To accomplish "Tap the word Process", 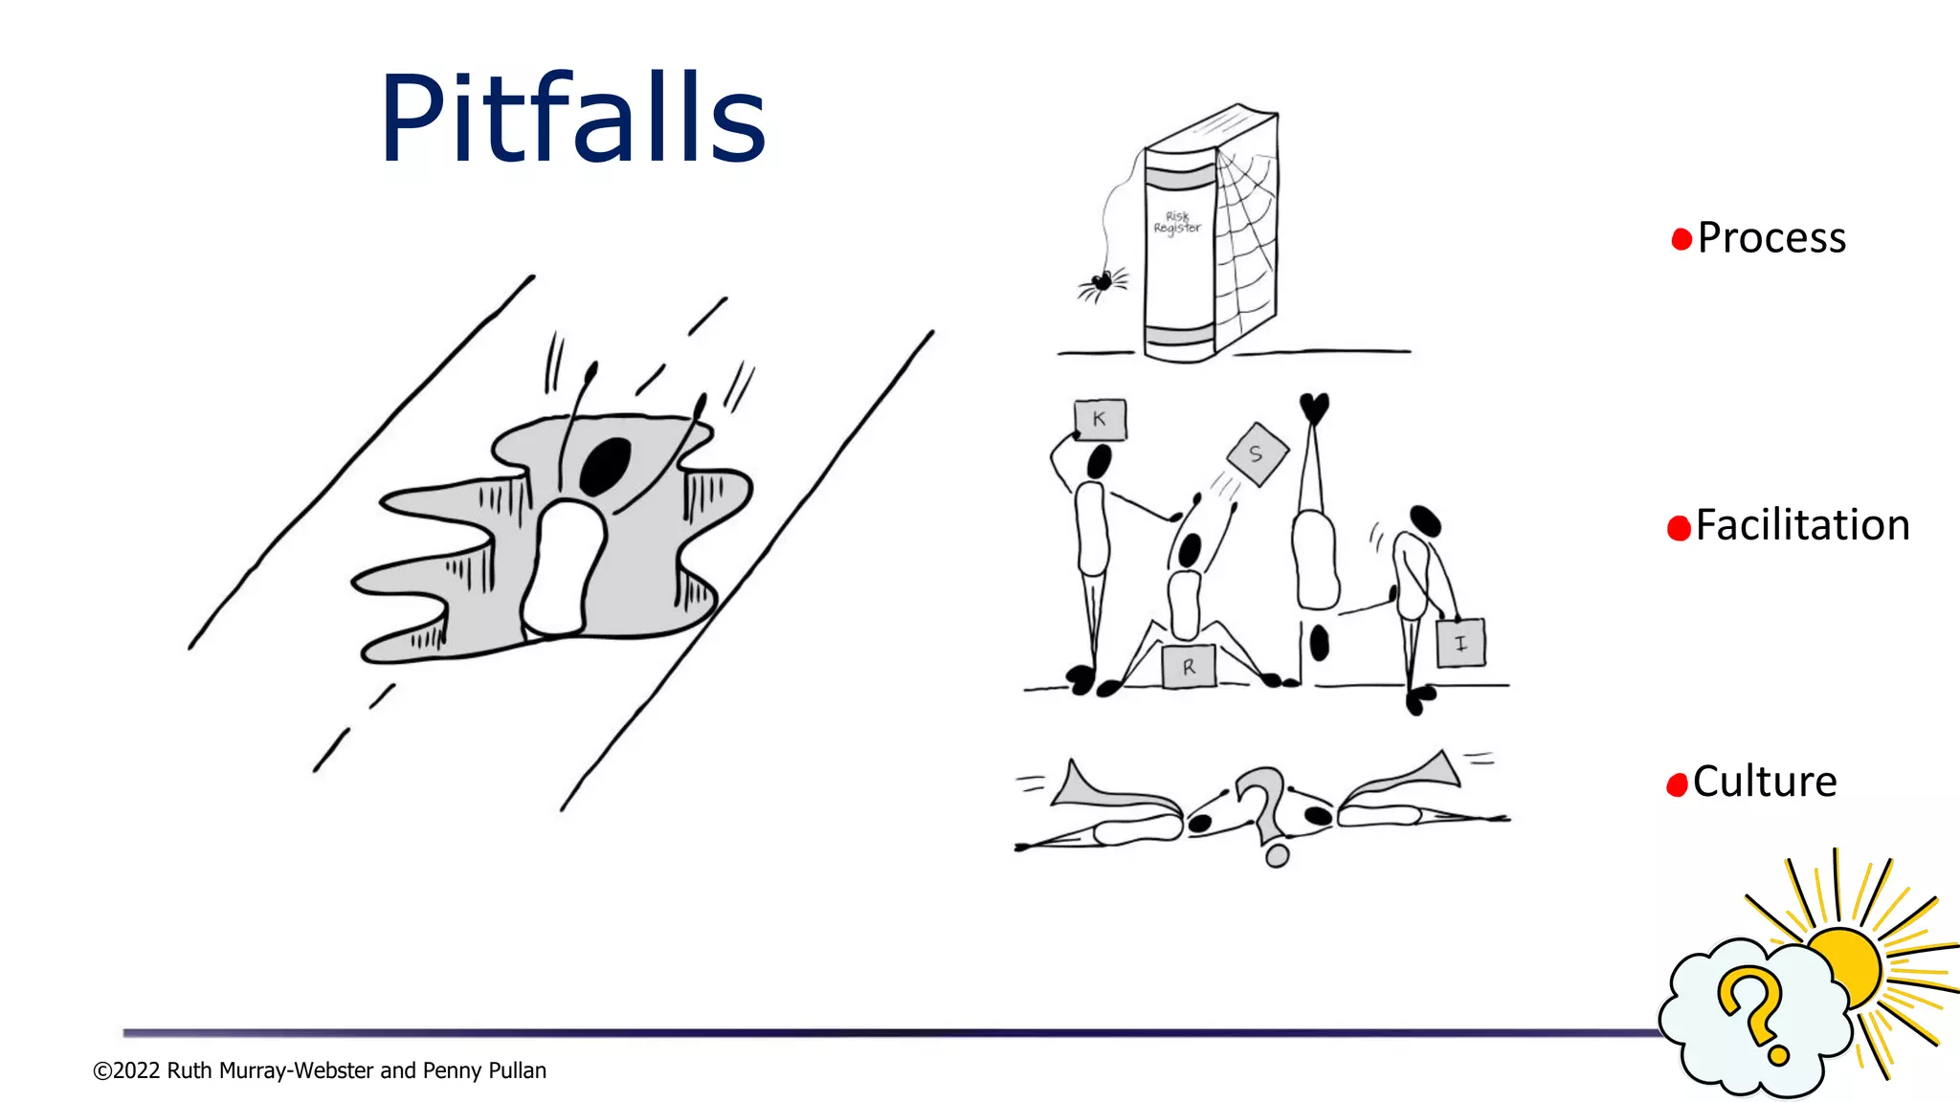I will [x=1771, y=238].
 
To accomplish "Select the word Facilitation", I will [x=1802, y=525].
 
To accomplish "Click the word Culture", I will [x=1764, y=782].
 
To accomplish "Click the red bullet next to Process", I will [x=1681, y=239].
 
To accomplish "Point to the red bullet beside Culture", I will [x=1677, y=785].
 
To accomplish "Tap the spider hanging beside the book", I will [x=1102, y=282].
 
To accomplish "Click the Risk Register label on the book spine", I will [x=1177, y=223].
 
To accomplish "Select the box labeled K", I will [x=1100, y=419].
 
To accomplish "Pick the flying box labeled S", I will [x=1258, y=454].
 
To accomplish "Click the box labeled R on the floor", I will [x=1189, y=667].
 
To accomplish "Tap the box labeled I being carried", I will [x=1460, y=644].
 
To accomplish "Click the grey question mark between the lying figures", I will [x=1263, y=808].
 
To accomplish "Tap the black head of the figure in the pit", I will [x=606, y=465].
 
